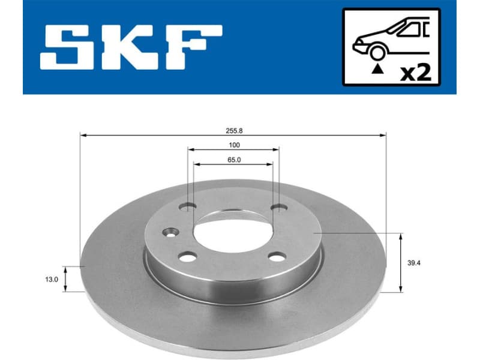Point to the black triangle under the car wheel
coord(377,70)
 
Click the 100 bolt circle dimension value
coord(234,145)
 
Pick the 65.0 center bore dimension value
coord(233,160)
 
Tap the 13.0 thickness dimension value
coord(52,279)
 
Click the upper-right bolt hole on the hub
coord(278,207)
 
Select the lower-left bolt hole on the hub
coord(188,257)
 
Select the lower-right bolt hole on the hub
coord(277,257)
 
